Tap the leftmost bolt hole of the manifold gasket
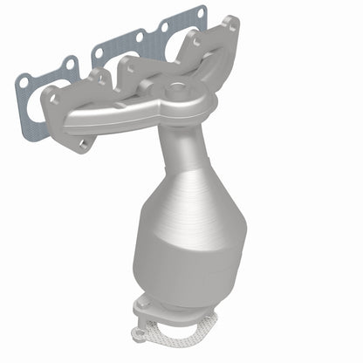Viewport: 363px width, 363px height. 24,81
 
